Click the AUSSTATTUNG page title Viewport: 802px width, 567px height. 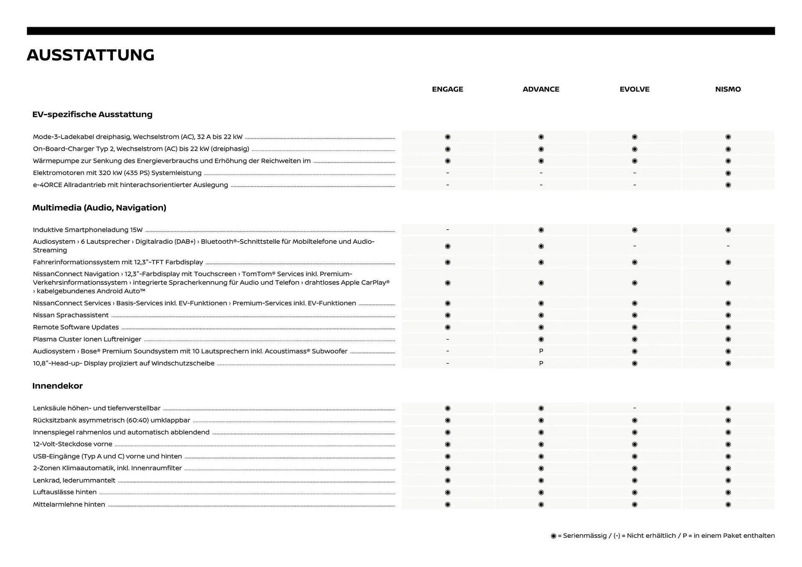91,55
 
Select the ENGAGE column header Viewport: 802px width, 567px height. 447,89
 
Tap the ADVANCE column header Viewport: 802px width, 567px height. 541,89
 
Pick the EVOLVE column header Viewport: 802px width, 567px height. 634,89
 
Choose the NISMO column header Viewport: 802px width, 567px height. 728,89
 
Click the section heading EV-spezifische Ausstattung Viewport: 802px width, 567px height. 92,114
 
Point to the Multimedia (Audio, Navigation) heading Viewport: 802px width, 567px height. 99,208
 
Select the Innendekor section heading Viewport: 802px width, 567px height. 58,386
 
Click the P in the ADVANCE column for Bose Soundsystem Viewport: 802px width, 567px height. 541,351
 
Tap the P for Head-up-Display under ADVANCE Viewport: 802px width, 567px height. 541,363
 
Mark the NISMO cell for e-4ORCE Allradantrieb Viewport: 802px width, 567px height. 728,185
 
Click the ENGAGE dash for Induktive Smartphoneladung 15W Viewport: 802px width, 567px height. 447,230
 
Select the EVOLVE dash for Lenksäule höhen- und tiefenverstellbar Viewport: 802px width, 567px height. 634,408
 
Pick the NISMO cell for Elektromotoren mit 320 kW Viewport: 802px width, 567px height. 728,173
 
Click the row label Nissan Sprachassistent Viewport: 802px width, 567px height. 71,315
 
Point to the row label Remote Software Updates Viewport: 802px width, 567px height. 76,327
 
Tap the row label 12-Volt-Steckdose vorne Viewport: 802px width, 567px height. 72,444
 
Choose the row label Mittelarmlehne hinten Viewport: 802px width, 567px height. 69,504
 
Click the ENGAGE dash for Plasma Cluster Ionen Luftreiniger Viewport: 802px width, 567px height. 447,339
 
